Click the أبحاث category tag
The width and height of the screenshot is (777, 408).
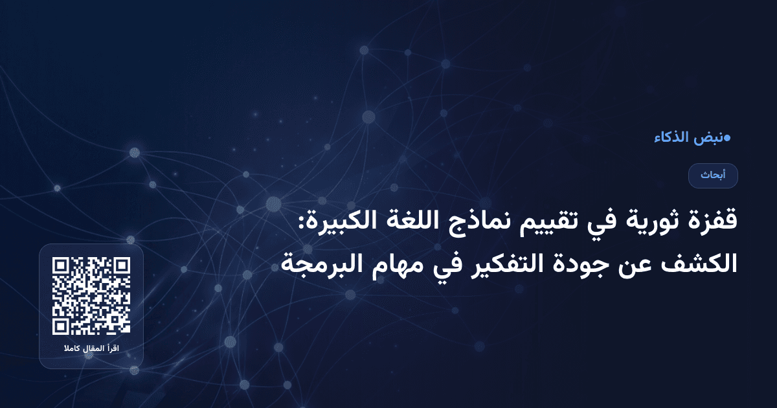(x=713, y=176)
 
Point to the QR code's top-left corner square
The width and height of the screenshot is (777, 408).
(x=62, y=266)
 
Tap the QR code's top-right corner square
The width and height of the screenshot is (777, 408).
(x=121, y=266)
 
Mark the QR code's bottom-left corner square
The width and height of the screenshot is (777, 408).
(x=62, y=325)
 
